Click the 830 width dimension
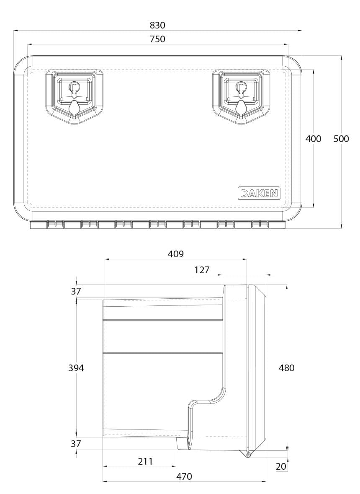click(x=157, y=25)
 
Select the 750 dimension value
click(x=157, y=39)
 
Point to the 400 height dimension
click(x=314, y=139)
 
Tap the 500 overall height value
click(x=341, y=139)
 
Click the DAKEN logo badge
click(x=259, y=193)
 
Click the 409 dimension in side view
click(x=175, y=254)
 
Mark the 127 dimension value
click(x=202, y=270)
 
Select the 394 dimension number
click(x=76, y=367)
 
